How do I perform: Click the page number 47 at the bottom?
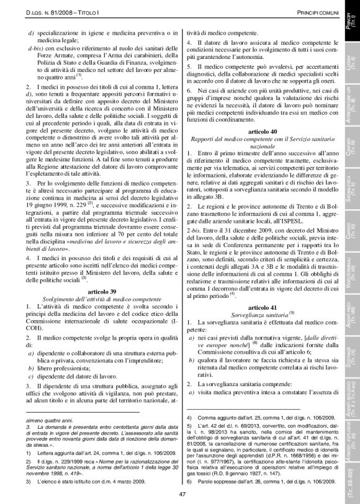182,494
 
